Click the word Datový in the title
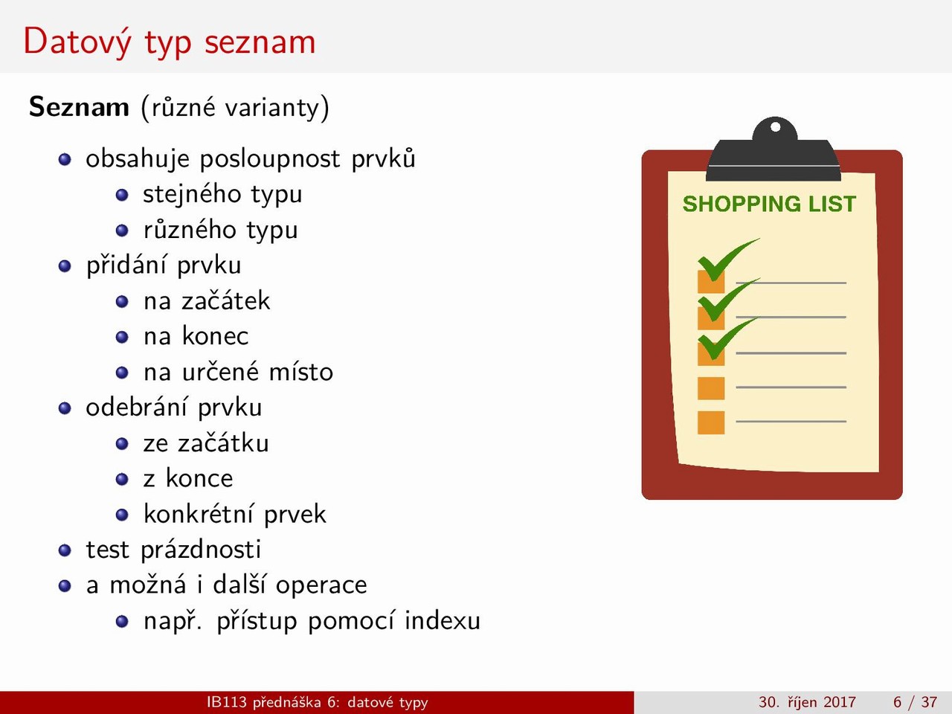(77, 42)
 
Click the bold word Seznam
(79, 106)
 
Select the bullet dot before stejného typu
(122, 195)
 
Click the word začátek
(225, 301)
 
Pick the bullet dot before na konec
(122, 337)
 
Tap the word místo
(300, 372)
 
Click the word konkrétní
(198, 514)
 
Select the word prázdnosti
(201, 550)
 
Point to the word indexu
(443, 620)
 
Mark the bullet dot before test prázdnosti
(65, 550)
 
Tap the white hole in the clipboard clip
(776, 127)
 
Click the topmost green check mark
(725, 260)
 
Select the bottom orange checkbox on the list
(711, 422)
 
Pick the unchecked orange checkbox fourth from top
(711, 388)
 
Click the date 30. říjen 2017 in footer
(807, 702)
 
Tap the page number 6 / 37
(915, 702)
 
